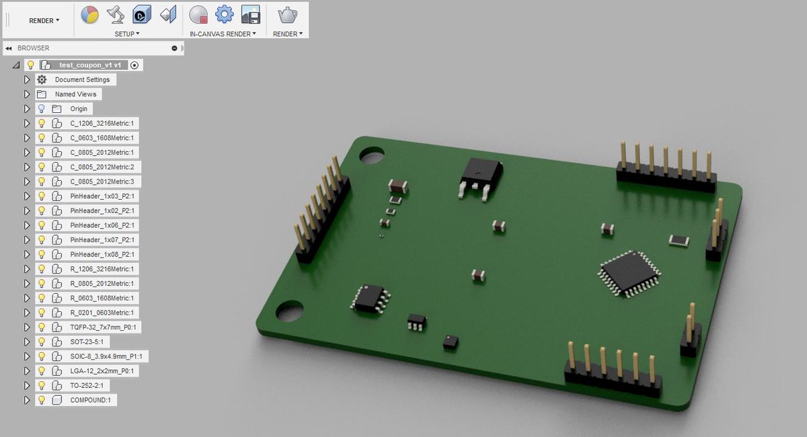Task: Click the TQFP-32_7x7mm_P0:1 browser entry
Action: click(103, 327)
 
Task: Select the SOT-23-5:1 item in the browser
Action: click(87, 342)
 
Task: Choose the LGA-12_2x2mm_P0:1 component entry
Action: click(102, 370)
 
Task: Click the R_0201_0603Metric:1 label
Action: click(102, 313)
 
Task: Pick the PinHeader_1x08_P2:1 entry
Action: click(102, 254)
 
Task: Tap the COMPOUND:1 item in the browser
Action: click(90, 400)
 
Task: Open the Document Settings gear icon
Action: click(42, 79)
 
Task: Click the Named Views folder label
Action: click(75, 94)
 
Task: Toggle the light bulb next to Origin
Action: click(42, 108)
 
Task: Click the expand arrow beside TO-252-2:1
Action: click(27, 385)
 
